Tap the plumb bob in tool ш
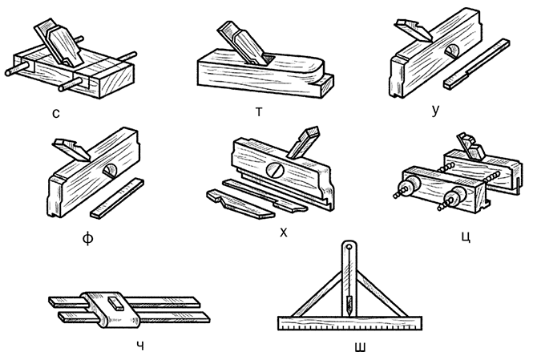click(x=350, y=305)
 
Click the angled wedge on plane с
click(x=60, y=46)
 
